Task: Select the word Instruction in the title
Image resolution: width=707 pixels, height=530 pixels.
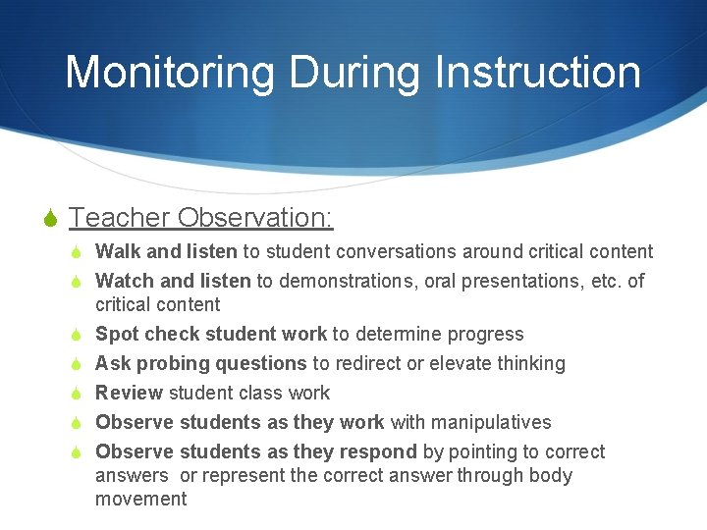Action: coord(538,73)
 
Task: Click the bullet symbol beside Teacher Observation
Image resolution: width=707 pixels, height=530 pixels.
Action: coord(52,218)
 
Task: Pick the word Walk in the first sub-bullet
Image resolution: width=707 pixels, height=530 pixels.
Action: coord(115,252)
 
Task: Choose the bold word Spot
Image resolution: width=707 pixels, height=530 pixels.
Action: coord(116,335)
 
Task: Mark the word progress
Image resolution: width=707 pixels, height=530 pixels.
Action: coord(488,335)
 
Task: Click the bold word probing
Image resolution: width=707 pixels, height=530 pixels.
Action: coord(171,364)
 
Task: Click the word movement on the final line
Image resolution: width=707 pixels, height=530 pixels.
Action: coord(140,500)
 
